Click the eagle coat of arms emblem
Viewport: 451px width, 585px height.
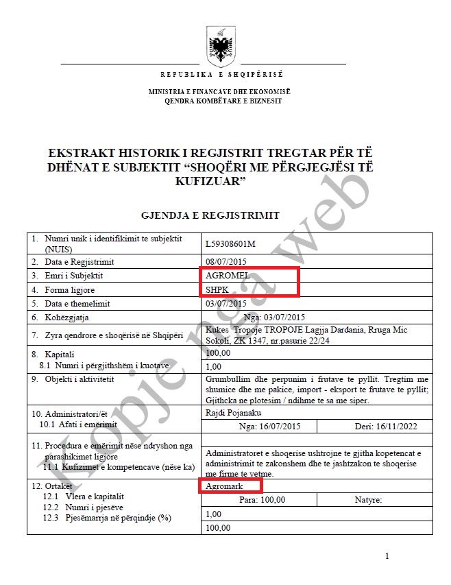coord(221,47)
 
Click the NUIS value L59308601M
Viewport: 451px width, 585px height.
coord(230,243)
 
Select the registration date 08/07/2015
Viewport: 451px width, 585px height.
coord(225,261)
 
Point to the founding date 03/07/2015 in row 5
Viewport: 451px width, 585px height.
coord(225,303)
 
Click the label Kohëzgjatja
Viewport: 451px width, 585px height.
coord(69,318)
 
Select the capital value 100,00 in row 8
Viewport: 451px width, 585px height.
coord(218,353)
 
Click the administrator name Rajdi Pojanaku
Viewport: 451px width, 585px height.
coord(233,413)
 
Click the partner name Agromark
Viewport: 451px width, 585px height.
coord(224,486)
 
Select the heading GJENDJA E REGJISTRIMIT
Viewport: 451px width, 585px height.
coord(210,215)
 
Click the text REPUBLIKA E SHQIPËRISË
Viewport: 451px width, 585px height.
coord(221,75)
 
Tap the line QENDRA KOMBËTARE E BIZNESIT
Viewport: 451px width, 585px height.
coord(223,101)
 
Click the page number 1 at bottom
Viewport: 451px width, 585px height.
coord(387,556)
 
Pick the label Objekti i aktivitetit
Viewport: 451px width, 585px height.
coord(79,379)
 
